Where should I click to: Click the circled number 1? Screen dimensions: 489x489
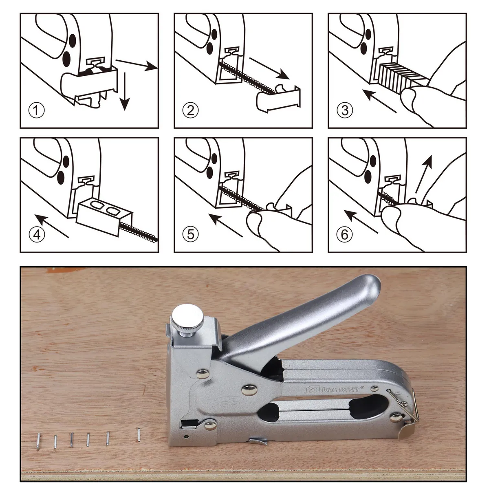pyautogui.click(x=37, y=110)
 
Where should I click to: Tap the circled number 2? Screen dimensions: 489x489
pyautogui.click(x=191, y=110)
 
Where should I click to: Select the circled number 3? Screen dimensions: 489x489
pyautogui.click(x=345, y=110)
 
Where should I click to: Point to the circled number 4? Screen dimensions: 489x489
pyautogui.click(x=37, y=234)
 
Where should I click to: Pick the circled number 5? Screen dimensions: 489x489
pyautogui.click(x=191, y=234)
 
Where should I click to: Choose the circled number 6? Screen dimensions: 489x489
pyautogui.click(x=344, y=234)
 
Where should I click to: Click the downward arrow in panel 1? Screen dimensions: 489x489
pyautogui.click(x=125, y=91)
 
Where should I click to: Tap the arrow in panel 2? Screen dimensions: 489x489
pyautogui.click(x=269, y=68)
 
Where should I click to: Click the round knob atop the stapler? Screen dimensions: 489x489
pyautogui.click(x=188, y=316)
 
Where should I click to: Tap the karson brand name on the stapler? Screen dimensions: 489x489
pyautogui.click(x=340, y=389)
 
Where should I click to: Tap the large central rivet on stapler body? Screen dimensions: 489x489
pyautogui.click(x=249, y=390)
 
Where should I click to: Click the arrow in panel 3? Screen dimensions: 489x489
pyautogui.click(x=379, y=101)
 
